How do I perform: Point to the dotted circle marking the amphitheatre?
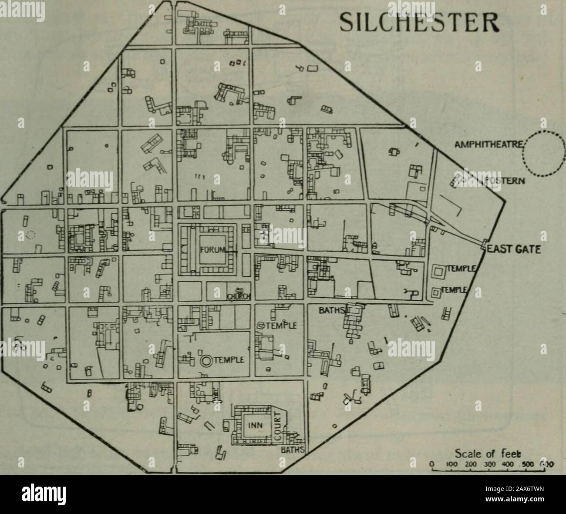click(543, 154)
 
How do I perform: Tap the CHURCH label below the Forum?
click(238, 297)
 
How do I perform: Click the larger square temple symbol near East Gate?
click(438, 273)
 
